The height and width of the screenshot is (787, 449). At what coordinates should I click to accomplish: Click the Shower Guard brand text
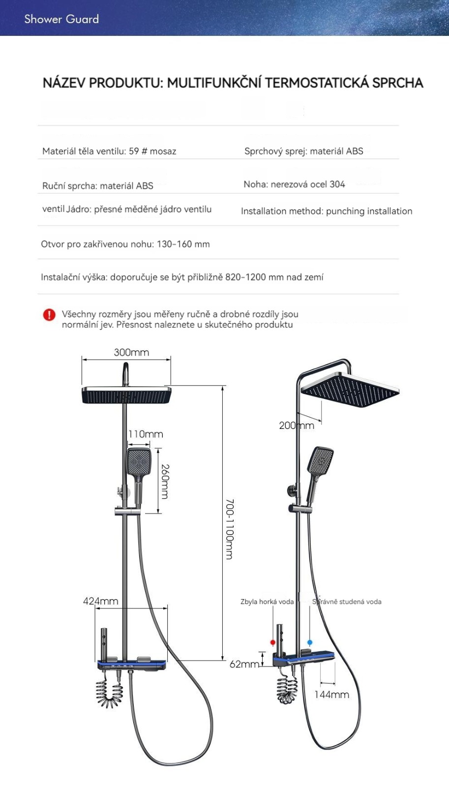(61, 19)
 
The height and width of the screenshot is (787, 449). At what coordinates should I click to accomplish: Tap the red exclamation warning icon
(49, 315)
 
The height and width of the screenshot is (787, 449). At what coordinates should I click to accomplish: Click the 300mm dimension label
(131, 352)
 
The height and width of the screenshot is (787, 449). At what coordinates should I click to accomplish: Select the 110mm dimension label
(146, 434)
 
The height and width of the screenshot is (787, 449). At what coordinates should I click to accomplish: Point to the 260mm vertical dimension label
(165, 482)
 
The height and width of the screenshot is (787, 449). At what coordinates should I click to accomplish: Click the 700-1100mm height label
(229, 529)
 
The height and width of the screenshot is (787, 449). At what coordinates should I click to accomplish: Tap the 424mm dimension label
(100, 601)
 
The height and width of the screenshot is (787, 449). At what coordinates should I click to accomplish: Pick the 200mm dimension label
(297, 425)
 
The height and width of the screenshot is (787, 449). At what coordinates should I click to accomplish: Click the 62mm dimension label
(244, 664)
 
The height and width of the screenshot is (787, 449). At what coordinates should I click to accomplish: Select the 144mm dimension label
(331, 695)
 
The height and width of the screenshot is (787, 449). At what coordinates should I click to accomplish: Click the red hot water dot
(272, 642)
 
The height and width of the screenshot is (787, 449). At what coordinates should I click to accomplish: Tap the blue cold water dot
(309, 642)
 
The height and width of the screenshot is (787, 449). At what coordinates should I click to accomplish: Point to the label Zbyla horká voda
(267, 602)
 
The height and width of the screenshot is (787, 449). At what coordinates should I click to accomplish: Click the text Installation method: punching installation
(327, 211)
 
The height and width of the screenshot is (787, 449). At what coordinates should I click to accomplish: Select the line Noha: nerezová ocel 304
(294, 184)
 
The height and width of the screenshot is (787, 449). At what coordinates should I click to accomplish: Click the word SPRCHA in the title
(397, 83)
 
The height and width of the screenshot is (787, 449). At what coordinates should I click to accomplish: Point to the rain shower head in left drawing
(126, 395)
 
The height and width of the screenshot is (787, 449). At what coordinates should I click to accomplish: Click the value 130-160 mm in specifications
(183, 244)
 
